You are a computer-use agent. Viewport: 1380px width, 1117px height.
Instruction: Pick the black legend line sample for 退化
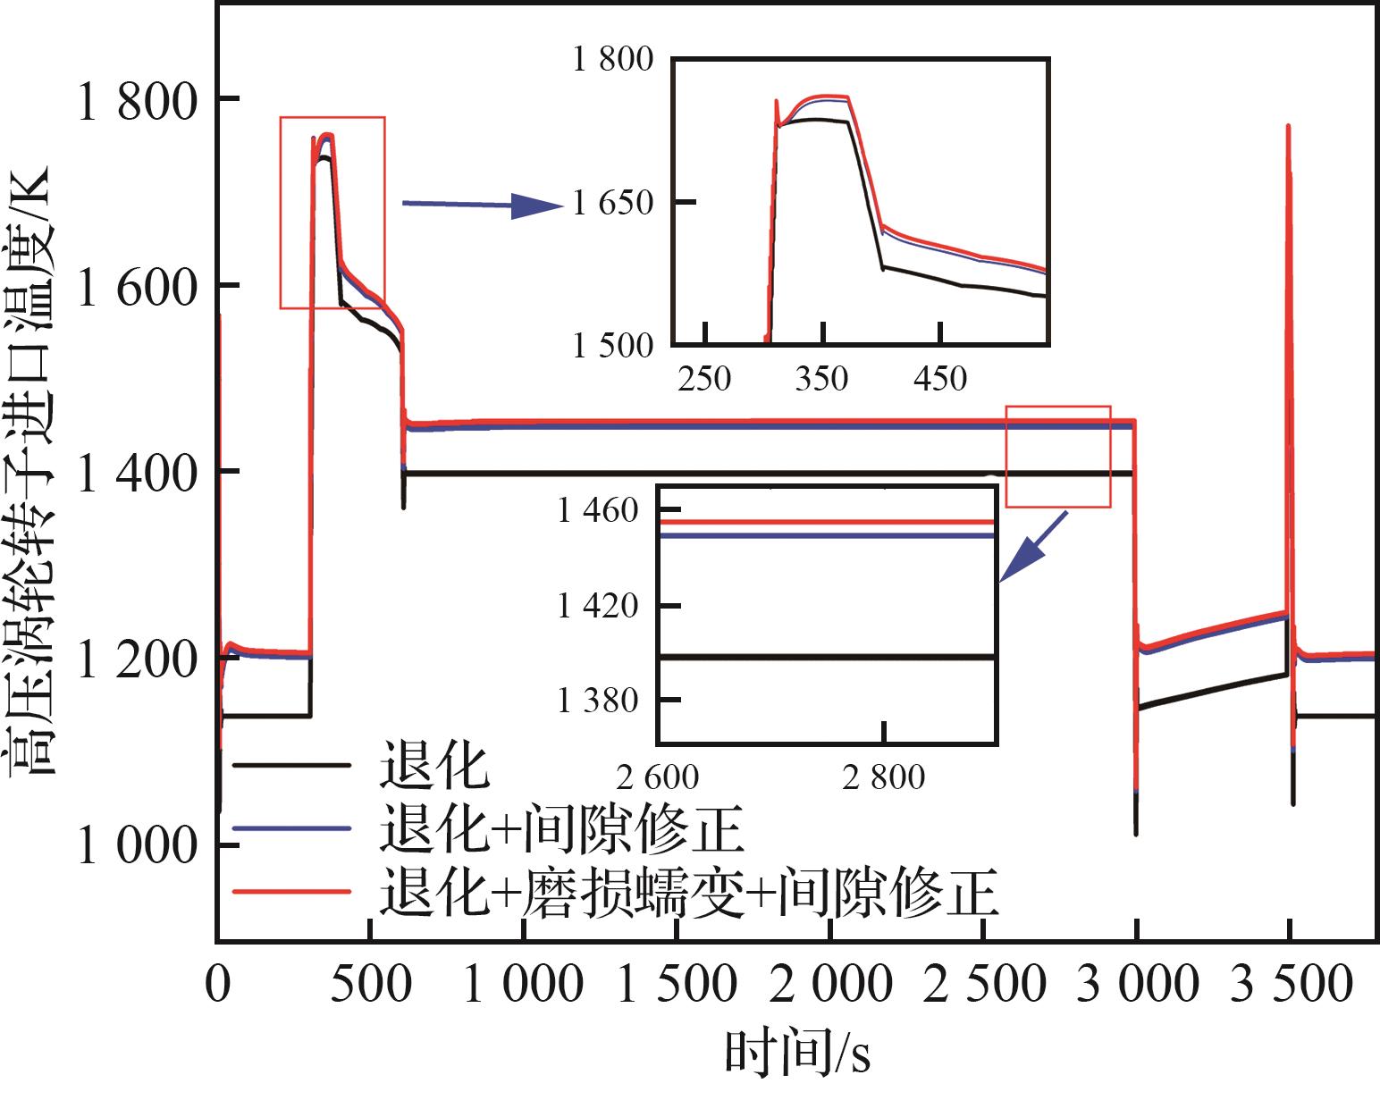point(291,765)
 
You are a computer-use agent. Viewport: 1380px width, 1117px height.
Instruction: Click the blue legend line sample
point(291,828)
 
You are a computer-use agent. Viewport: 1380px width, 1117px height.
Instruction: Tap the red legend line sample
point(291,891)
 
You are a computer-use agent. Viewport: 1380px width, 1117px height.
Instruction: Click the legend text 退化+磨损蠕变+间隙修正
point(688,891)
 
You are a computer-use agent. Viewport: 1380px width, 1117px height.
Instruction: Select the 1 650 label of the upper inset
point(613,203)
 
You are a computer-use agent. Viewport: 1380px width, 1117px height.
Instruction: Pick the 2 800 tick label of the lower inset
point(883,777)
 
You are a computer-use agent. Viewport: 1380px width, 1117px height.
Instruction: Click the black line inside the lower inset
point(827,657)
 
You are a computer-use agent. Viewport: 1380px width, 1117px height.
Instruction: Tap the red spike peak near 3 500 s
point(1288,128)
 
